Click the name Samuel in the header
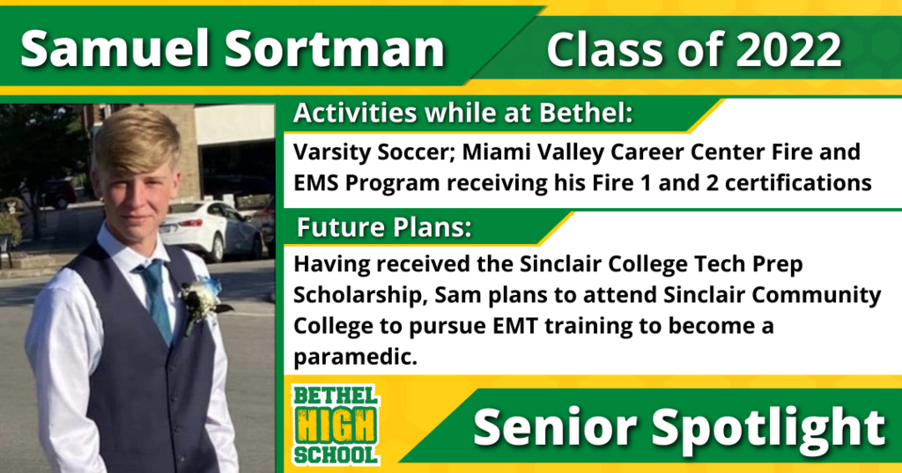click(116, 48)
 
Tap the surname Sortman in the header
click(334, 48)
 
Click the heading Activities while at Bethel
click(463, 113)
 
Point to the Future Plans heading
click(384, 227)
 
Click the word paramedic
click(355, 358)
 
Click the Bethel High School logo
click(336, 425)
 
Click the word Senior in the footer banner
click(555, 427)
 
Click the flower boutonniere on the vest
click(202, 302)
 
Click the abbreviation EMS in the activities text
click(316, 182)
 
